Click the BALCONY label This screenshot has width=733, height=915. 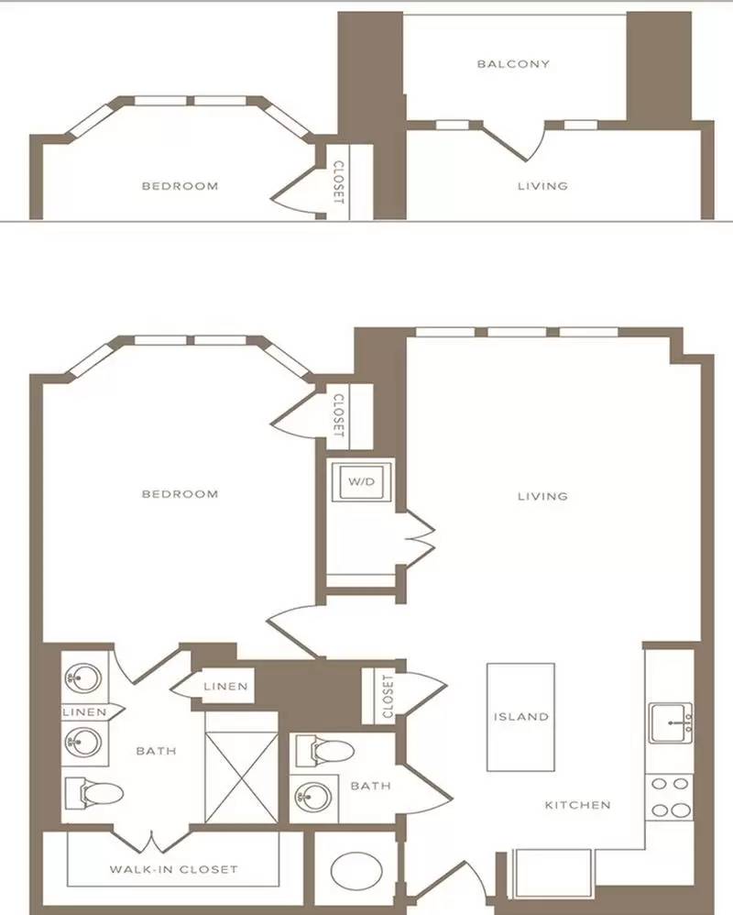coord(513,63)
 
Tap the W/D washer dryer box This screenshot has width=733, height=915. coord(362,482)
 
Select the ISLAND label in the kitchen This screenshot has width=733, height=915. coord(521,717)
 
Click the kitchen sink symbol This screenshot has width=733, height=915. coord(671,722)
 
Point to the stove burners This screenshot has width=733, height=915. coord(671,797)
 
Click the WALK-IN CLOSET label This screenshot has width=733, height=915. coord(174,869)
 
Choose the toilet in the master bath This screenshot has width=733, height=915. coord(93,793)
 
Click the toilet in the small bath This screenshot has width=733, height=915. coord(324,751)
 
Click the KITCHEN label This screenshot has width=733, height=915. coord(578,805)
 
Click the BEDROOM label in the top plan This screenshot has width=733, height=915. coord(181,186)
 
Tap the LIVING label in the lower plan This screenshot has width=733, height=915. coord(543,497)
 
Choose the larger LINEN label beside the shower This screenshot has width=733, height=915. coord(225,687)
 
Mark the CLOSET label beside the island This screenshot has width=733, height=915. coord(388,696)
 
